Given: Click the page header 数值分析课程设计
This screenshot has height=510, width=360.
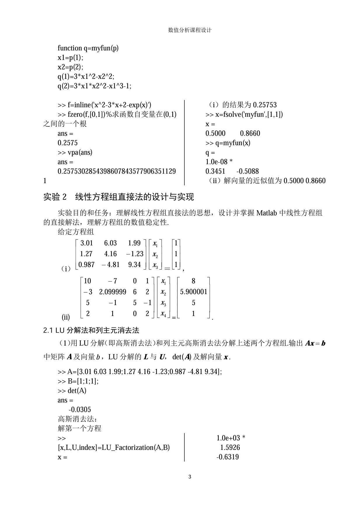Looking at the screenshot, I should [190, 30].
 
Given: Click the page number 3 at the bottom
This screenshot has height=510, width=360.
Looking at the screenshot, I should [190, 477].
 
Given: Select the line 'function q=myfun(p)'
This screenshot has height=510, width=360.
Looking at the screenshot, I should [88, 48].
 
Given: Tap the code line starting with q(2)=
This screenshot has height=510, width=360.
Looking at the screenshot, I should [94, 86].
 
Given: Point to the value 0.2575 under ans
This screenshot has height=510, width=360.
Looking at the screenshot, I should [68, 143].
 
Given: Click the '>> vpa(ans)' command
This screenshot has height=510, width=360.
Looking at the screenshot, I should [75, 152].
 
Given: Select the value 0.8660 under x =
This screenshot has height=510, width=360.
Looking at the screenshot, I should [250, 133].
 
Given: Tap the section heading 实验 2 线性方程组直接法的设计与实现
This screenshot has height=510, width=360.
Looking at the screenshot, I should [118, 197].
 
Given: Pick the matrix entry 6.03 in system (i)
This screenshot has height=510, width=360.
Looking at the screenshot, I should [110, 243].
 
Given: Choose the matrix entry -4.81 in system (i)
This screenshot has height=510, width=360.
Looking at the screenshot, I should [111, 265].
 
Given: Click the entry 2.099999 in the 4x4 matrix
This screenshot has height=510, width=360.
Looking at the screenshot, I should [113, 292].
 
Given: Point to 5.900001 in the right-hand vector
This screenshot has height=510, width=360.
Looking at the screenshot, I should [193, 292].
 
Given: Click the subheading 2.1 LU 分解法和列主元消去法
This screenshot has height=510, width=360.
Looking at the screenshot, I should [91, 330].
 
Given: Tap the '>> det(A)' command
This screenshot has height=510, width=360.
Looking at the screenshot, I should [72, 391].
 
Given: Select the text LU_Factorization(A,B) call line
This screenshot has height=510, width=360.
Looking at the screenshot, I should [114, 447].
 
